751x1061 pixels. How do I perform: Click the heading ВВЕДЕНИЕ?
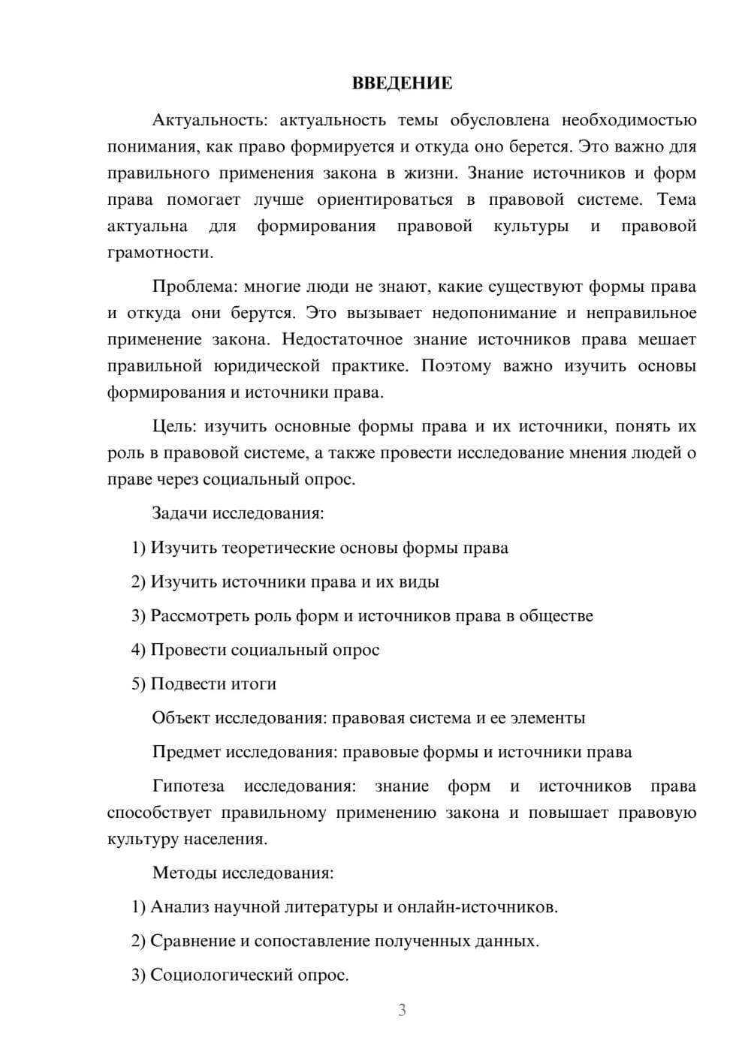[x=402, y=83]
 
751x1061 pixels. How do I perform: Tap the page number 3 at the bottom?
[x=402, y=1010]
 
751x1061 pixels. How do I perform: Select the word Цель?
[x=173, y=427]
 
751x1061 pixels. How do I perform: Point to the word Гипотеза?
[x=188, y=786]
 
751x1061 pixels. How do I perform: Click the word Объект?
[x=180, y=718]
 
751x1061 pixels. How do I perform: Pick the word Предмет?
[x=185, y=753]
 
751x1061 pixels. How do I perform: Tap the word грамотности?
[x=161, y=253]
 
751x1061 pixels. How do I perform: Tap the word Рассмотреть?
[x=199, y=616]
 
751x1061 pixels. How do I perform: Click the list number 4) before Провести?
[x=138, y=650]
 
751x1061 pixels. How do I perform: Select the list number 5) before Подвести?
[x=138, y=684]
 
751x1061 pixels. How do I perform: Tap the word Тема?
[x=677, y=200]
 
